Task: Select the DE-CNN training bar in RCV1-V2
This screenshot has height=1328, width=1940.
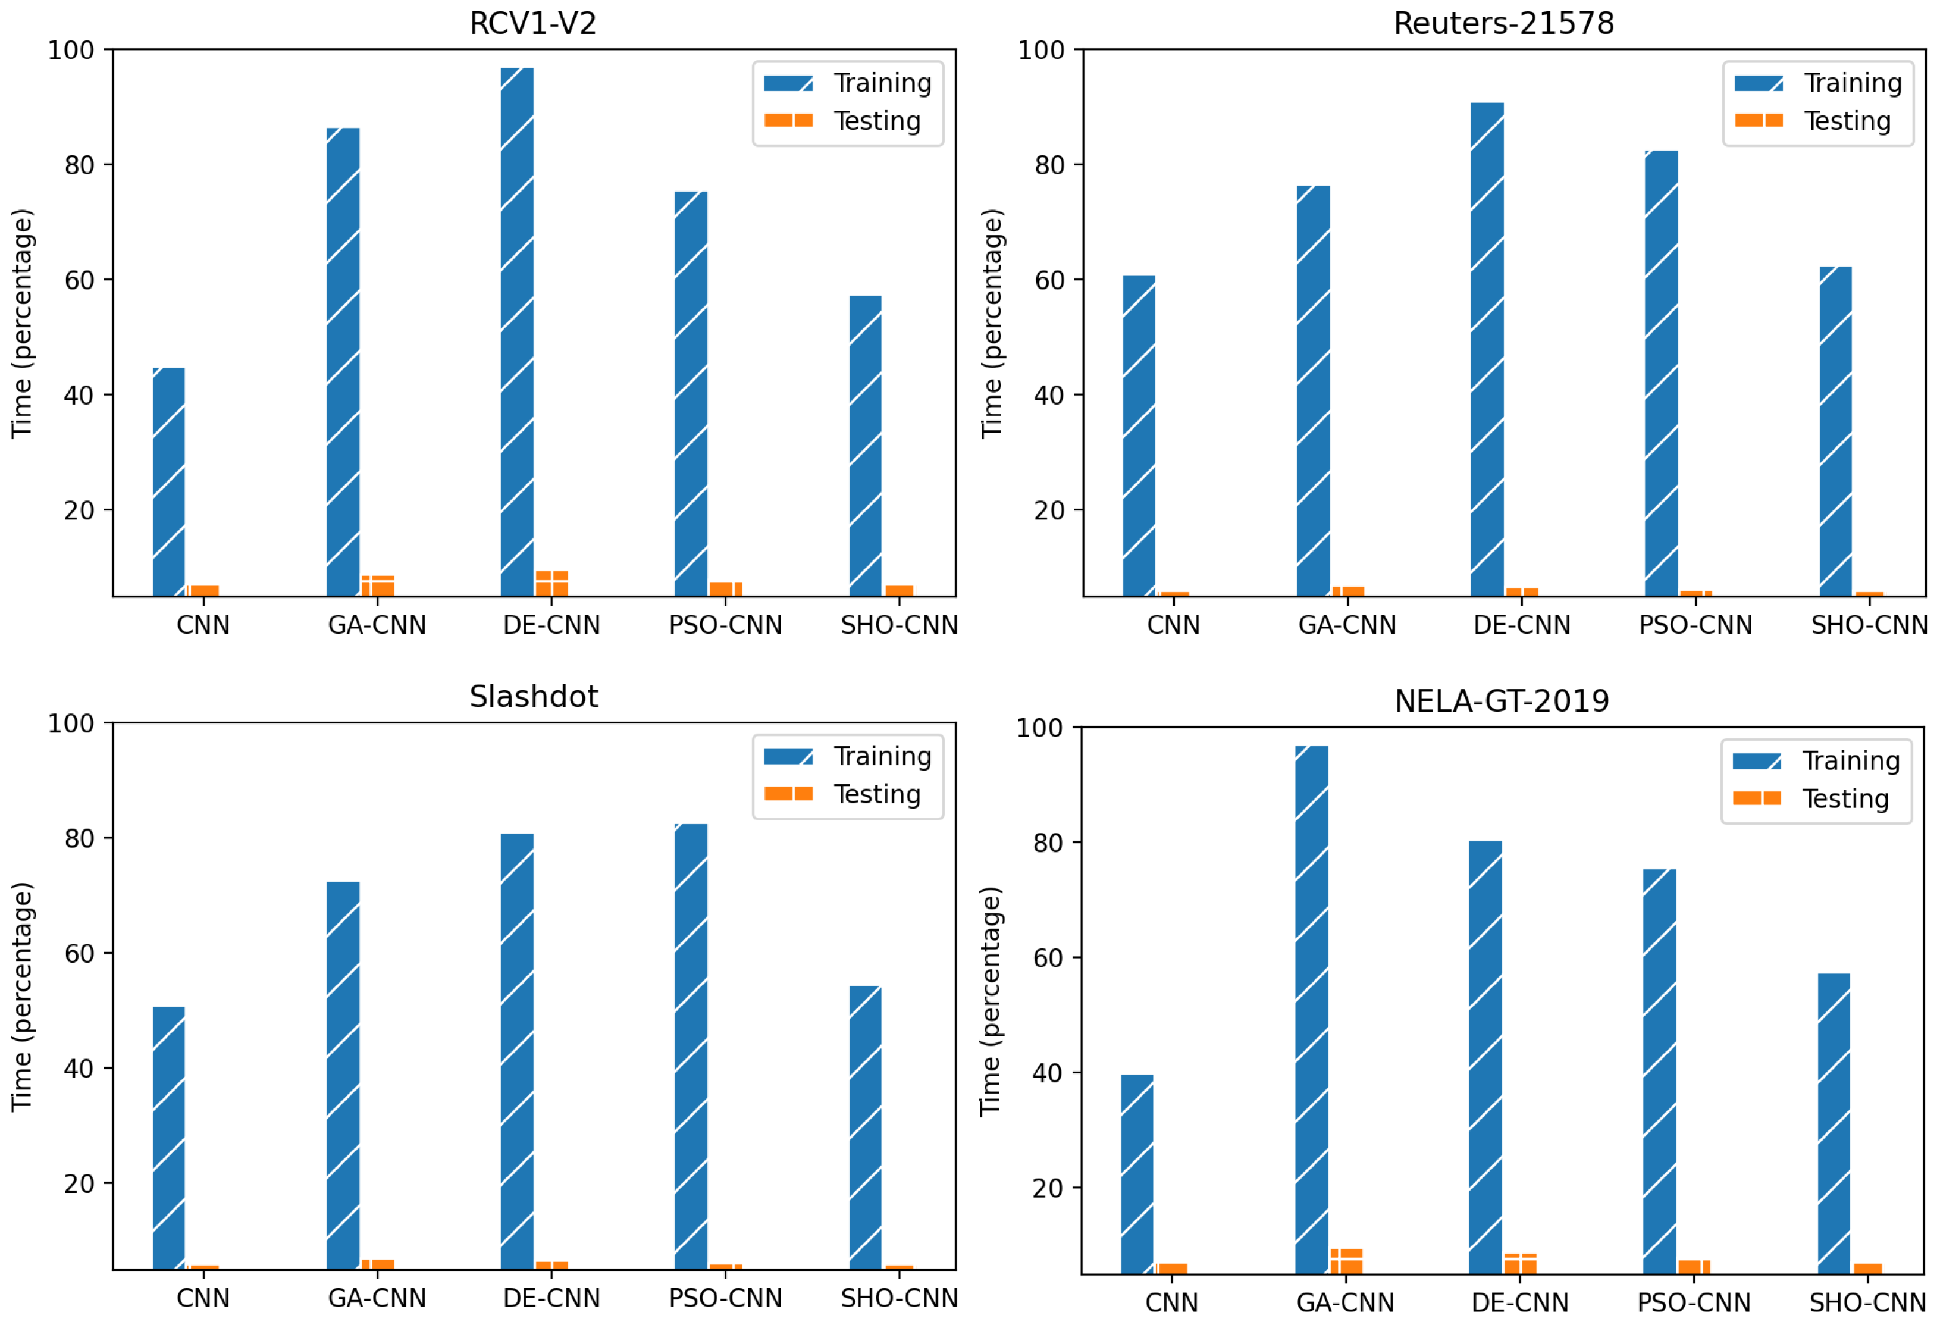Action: [x=517, y=334]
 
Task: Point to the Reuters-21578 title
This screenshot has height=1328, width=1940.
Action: [x=1503, y=23]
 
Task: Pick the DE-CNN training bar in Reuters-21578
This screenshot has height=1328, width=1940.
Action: [x=1487, y=350]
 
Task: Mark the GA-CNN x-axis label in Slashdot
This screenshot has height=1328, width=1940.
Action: [x=377, y=1299]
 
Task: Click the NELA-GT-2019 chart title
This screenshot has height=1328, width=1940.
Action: [x=1501, y=701]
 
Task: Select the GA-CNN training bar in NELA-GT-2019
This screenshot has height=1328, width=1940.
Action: [x=1311, y=1010]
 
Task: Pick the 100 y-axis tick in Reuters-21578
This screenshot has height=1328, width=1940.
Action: [x=1040, y=50]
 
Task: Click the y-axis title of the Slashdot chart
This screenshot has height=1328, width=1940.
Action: [x=21, y=997]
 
